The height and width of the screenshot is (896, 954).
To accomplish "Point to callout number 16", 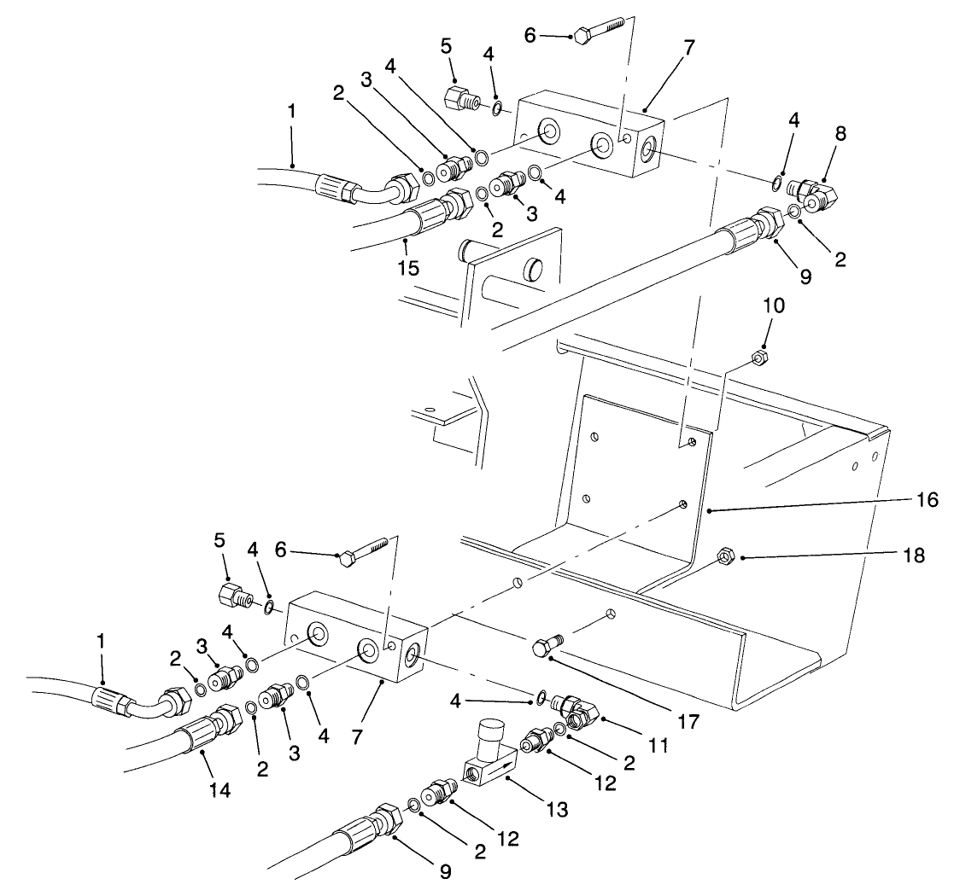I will [928, 500].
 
